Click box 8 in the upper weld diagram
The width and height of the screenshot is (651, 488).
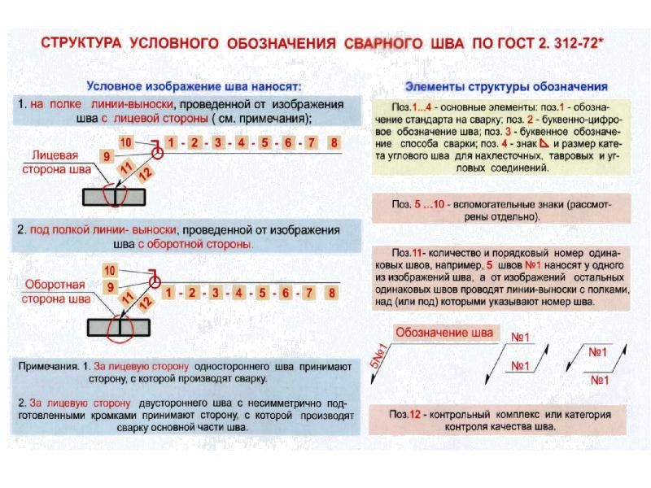tap(334, 143)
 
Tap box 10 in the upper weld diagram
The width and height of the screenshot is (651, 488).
tap(125, 142)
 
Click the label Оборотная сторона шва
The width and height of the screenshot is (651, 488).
tap(57, 292)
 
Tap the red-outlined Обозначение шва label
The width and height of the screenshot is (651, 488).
tap(443, 333)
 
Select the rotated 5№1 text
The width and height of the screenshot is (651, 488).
tap(379, 359)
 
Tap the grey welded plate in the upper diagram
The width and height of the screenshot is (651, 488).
tap(114, 196)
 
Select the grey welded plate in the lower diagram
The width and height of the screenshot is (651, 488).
tap(118, 326)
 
